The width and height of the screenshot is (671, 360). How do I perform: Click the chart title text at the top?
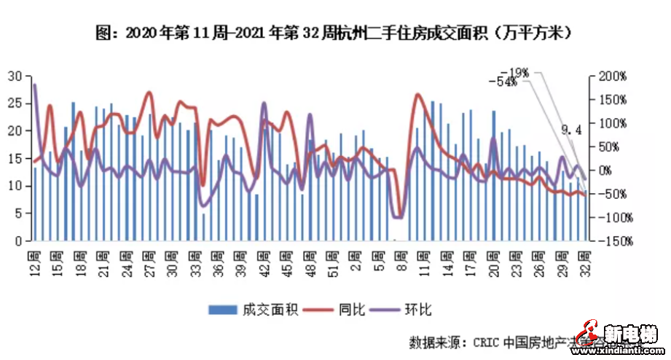tap(336, 33)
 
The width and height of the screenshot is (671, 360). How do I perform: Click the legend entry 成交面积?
tap(254, 309)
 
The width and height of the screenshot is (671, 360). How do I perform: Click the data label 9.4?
tap(572, 130)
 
